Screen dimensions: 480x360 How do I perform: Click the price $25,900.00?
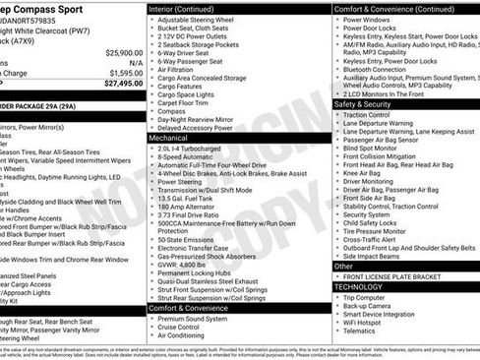coord(123,52)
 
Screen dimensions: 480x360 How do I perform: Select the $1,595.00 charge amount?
coord(124,72)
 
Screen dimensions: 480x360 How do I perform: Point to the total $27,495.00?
coord(123,84)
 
